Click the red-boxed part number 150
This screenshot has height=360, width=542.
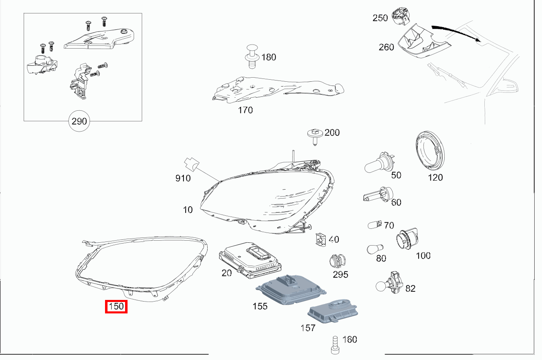116,306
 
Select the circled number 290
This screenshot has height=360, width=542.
79,121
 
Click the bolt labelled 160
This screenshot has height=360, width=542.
335,344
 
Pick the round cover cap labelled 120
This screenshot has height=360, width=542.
429,152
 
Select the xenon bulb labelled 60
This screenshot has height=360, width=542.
378,196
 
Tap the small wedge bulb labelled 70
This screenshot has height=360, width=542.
375,225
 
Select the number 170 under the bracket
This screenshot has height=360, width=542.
245,110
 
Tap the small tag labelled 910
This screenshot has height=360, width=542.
190,163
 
